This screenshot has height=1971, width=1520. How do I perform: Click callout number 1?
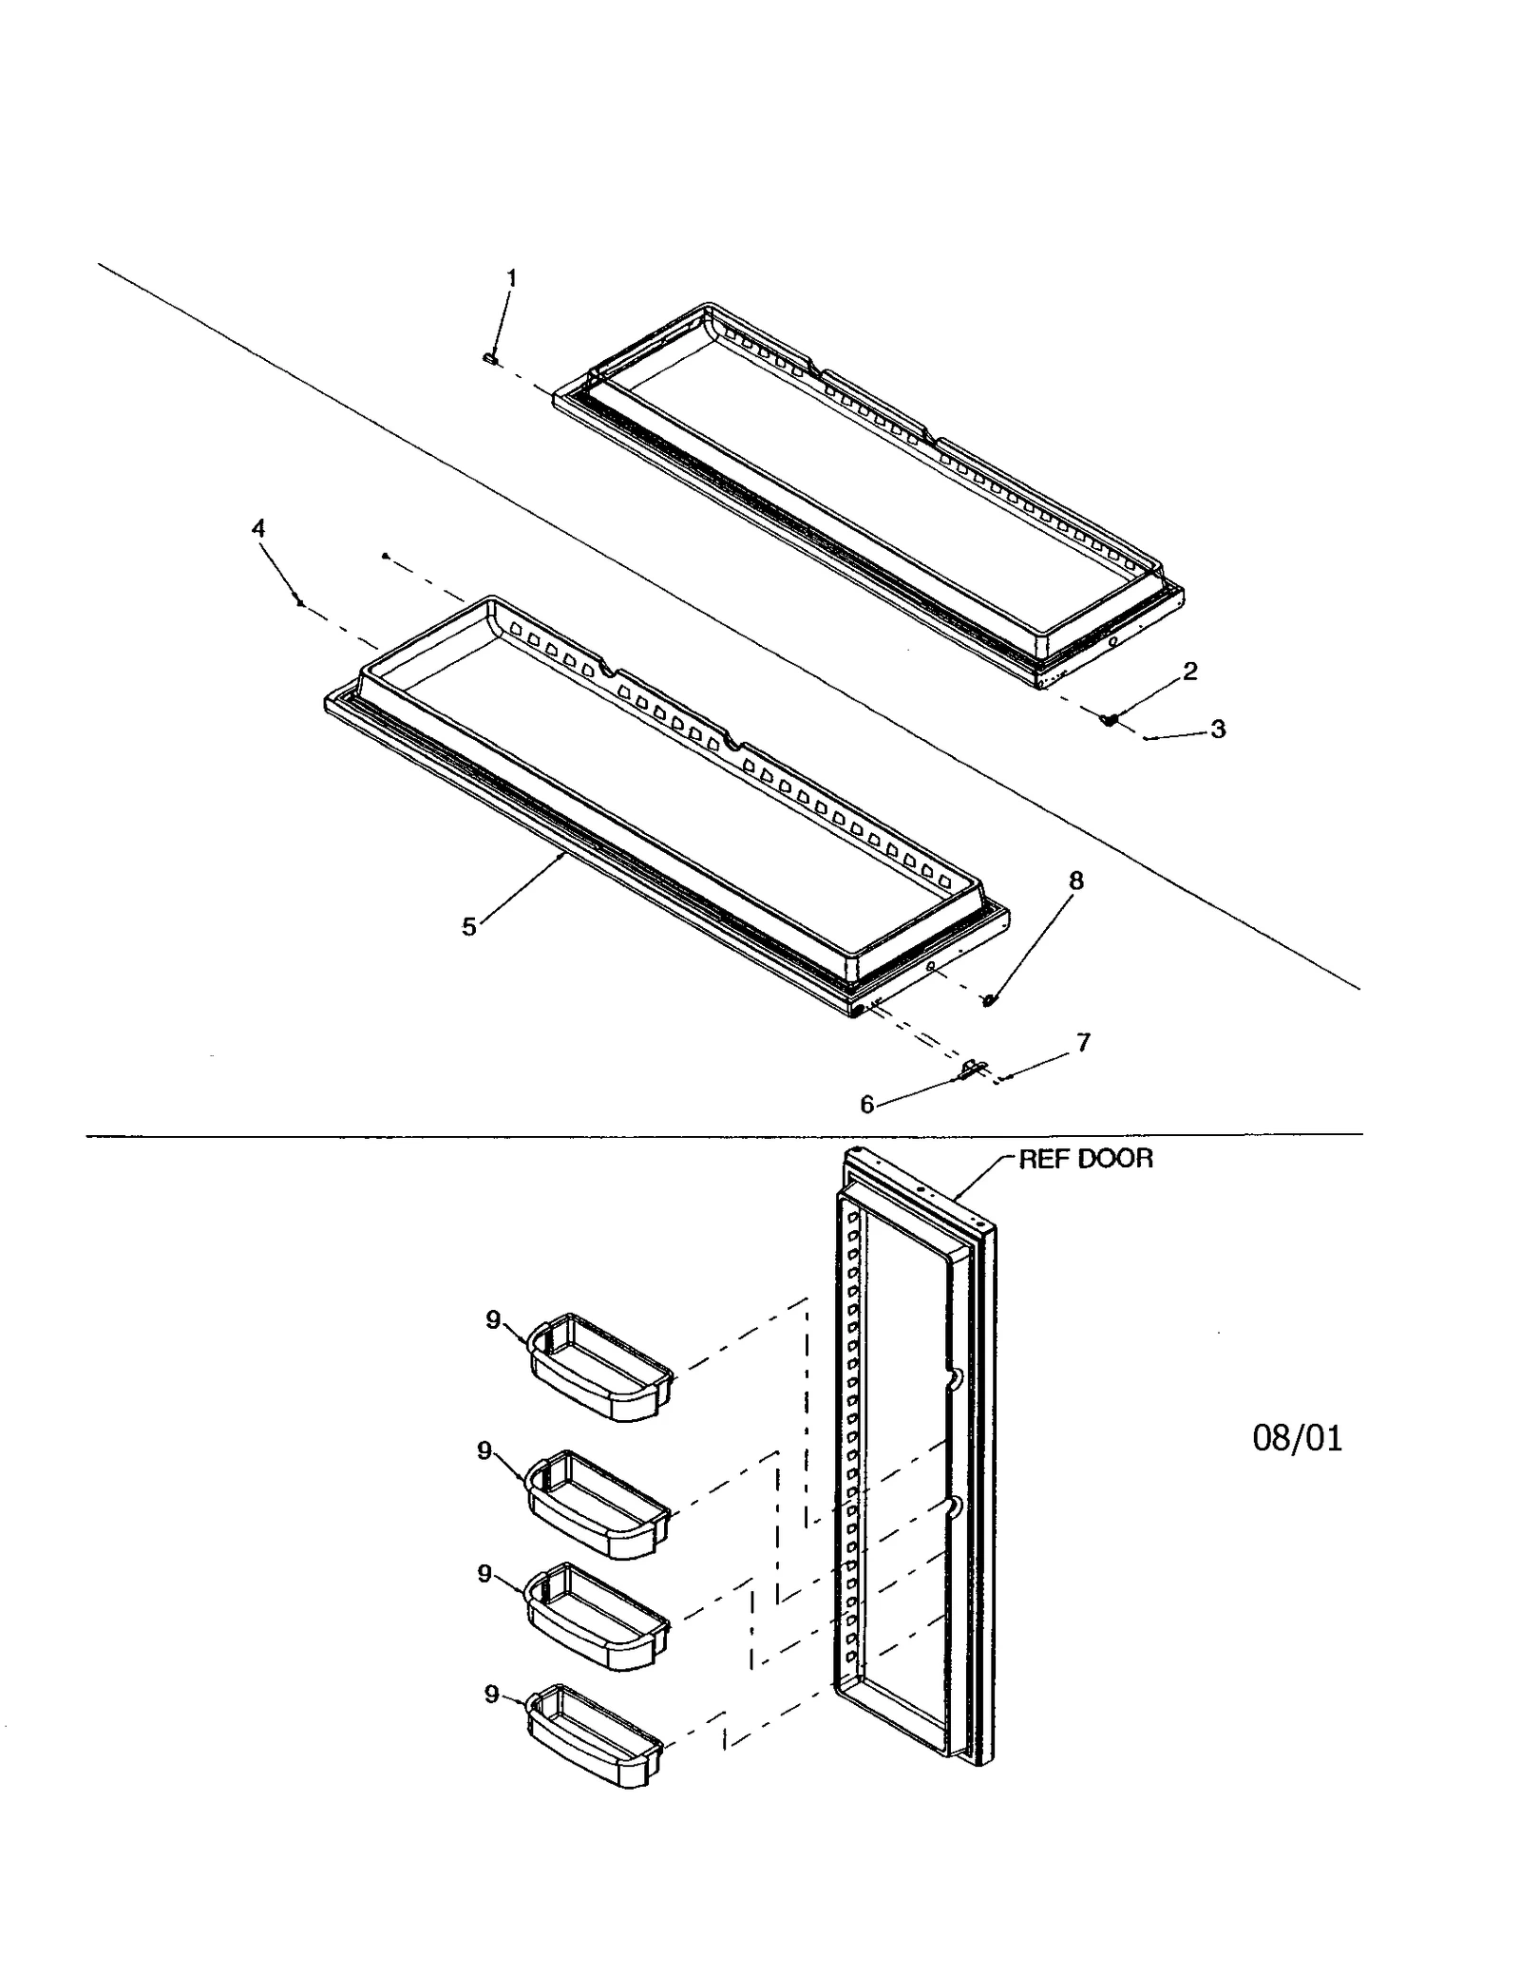[x=512, y=277]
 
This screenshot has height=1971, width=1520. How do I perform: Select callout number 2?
[x=1189, y=672]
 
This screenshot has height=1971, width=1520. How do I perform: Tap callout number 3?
[x=1217, y=730]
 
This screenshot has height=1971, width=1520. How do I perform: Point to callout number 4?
[x=258, y=529]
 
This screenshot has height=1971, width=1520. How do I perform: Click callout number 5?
[x=468, y=926]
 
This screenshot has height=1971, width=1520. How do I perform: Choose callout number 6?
[x=866, y=1104]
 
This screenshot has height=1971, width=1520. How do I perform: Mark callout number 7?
[x=1083, y=1042]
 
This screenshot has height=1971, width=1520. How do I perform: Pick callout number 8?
[x=1075, y=881]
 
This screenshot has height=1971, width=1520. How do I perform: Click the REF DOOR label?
[x=1085, y=1159]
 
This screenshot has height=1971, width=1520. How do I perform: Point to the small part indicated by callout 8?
[x=989, y=999]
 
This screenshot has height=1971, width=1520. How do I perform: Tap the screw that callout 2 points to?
[x=1108, y=720]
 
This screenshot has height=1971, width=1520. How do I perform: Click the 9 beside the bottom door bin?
[x=491, y=1695]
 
